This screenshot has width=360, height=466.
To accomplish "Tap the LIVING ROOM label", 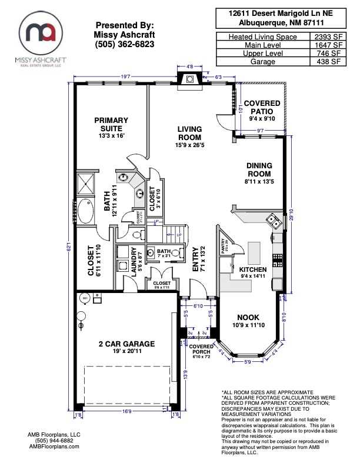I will [189, 133].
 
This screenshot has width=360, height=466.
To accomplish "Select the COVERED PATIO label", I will [262, 107].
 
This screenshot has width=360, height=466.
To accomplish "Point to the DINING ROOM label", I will [259, 170].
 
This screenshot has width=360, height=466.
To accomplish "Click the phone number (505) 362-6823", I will [125, 44].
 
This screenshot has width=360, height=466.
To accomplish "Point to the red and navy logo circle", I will [41, 32].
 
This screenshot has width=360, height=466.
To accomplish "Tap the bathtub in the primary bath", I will [86, 211].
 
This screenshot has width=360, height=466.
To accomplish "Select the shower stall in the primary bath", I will [87, 182].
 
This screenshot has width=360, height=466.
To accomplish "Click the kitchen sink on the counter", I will [272, 221].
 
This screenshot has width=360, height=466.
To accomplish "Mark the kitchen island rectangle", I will [254, 253].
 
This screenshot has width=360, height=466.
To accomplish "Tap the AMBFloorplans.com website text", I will [54, 447].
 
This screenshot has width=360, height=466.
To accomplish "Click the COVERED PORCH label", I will [201, 349].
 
